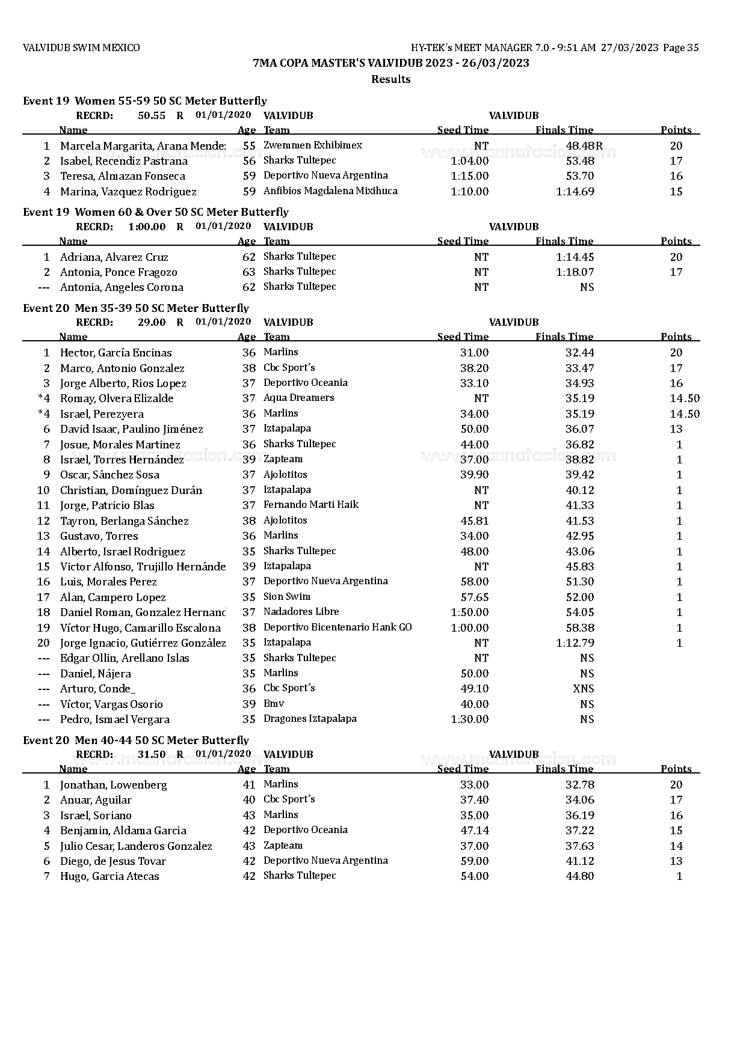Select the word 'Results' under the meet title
390,79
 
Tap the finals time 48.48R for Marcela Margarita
584,145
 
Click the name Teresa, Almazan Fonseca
123,176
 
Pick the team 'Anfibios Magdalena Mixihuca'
330,191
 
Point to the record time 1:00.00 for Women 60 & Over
147,227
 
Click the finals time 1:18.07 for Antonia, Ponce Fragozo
575,272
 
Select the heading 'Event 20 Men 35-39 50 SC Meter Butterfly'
136,308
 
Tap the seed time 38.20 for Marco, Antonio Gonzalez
474,368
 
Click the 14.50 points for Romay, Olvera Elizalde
685,398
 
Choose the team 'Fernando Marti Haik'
311,505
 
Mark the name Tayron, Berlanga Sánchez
124,521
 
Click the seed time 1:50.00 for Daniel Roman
469,612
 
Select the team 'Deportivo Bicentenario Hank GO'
338,627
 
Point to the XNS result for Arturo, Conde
584,689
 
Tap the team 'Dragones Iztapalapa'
310,719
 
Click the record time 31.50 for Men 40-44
152,754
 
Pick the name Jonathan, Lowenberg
113,785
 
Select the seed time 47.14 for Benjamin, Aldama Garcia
474,831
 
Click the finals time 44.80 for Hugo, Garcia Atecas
580,876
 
